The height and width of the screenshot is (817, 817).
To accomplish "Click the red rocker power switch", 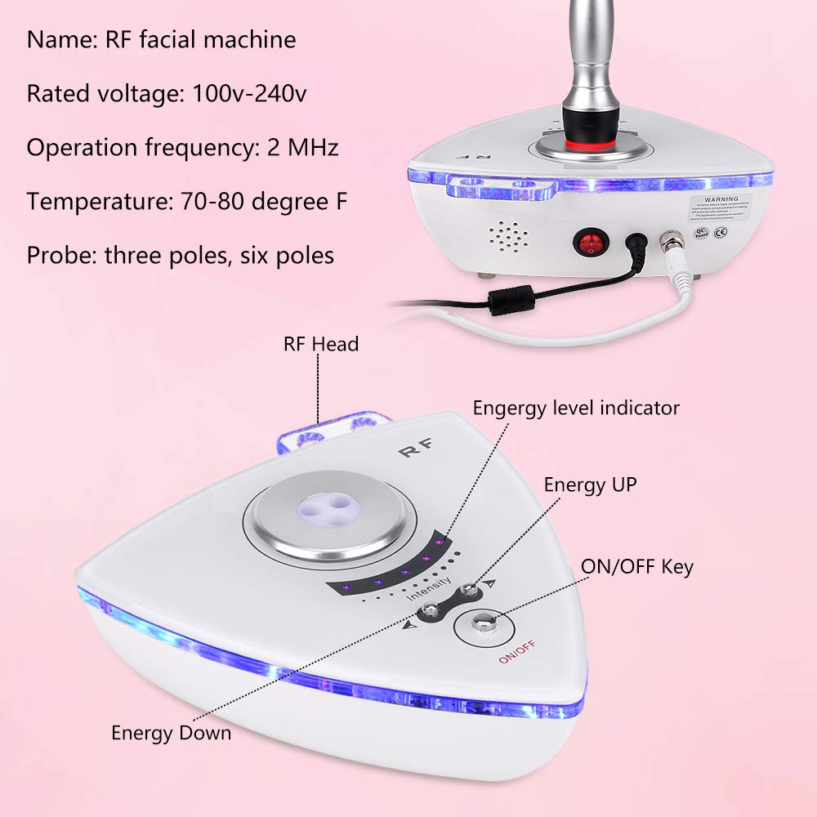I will (587, 243).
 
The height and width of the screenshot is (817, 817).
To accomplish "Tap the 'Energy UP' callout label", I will (590, 484).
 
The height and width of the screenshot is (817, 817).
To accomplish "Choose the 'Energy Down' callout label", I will (171, 732).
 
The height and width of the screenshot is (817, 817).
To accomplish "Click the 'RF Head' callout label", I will (321, 344).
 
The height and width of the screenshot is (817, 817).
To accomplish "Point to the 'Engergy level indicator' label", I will (576, 407).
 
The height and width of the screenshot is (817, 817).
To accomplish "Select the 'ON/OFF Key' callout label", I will (636, 566).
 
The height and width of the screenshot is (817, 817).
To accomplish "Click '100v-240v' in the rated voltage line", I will (250, 93).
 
